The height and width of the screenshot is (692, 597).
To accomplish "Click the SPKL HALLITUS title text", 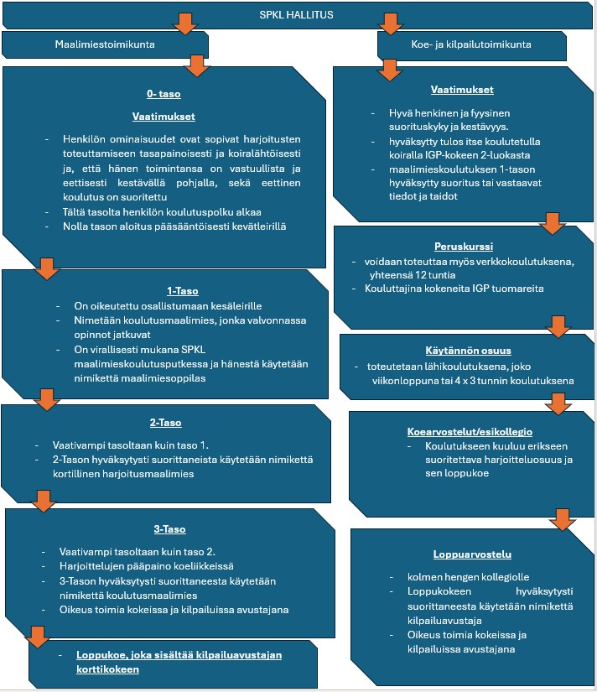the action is pos(296,15).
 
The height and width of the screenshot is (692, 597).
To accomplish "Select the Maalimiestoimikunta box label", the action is pos(105,44).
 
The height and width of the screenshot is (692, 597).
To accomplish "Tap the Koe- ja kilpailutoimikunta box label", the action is pos(471,44).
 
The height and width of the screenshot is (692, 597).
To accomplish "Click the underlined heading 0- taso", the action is pos(164,94).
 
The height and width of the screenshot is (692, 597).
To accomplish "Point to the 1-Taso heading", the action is pos(183,291).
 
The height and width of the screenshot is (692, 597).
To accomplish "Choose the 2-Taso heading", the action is pos(165,423).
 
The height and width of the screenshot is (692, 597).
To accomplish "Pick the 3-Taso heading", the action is pos(170,529).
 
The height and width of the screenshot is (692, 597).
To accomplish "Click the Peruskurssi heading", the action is pos(464,247).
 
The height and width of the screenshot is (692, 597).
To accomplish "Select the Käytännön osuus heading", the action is pos(468,351).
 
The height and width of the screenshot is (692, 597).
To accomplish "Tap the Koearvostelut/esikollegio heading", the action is pos(470,432).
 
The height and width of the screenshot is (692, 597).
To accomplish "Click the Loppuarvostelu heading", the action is pos(472,554).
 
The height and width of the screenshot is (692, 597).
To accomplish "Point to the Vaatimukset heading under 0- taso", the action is pos(164,117).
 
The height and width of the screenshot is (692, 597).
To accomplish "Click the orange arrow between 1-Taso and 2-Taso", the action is pos(47,400).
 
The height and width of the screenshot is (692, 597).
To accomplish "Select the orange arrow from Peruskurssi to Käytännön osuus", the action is pos(558,326).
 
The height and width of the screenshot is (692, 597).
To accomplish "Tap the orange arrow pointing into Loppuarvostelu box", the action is pos(562,519).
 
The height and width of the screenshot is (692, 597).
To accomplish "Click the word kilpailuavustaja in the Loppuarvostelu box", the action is pos(444,621).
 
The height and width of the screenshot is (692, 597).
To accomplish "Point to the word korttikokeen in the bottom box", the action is pos(107,669).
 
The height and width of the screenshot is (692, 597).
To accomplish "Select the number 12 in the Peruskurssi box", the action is pos(420,275).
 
